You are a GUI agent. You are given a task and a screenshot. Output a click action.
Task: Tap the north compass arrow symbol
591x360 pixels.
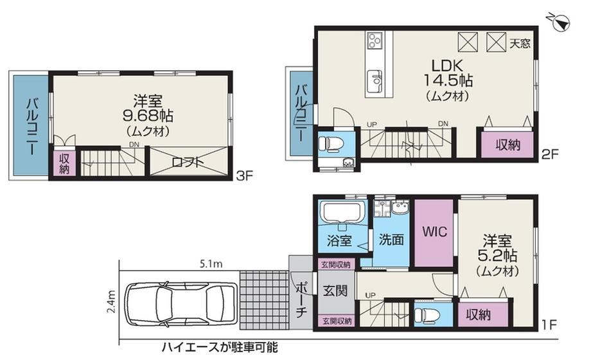click(x=560, y=23)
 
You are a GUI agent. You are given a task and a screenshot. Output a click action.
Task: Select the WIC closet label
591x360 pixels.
click(x=434, y=231)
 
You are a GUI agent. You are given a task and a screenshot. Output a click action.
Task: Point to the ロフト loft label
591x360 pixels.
click(x=188, y=162)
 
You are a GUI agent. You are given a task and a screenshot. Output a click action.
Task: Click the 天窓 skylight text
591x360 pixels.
click(x=520, y=44)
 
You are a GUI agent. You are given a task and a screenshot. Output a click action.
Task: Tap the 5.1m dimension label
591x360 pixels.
click(x=211, y=264)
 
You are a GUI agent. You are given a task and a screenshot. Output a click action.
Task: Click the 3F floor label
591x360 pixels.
click(x=244, y=176)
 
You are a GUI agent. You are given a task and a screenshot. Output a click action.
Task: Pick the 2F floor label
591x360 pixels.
click(x=549, y=154)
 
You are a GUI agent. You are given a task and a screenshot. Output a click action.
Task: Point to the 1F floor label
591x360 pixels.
click(x=549, y=324)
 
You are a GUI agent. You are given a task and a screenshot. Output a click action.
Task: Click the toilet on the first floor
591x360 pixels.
click(x=425, y=314)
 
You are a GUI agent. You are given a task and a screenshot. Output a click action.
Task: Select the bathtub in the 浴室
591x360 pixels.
click(x=342, y=213)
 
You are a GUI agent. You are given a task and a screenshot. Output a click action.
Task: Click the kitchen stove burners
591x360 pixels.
click(x=375, y=40)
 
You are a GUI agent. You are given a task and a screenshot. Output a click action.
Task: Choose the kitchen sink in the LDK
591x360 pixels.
click(x=375, y=80)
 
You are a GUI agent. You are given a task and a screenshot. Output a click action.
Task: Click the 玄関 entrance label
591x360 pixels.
click(x=335, y=291)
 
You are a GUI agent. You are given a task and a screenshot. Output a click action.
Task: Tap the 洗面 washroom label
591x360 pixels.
click(x=391, y=239)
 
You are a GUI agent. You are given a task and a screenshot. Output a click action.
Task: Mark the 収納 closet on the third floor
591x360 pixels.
click(x=64, y=163)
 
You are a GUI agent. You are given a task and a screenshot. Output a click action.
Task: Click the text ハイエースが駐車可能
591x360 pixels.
click(x=220, y=346)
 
